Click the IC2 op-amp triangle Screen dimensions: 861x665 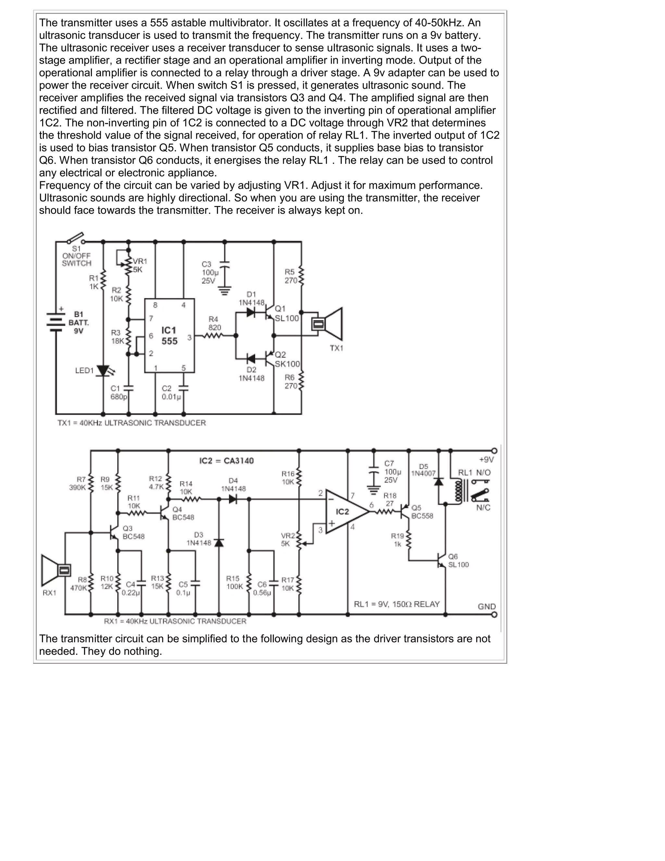346,512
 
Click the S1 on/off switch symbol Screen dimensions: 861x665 76,238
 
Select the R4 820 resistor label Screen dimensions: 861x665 214,323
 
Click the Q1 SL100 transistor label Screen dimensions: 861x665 286,314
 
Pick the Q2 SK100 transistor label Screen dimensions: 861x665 287,359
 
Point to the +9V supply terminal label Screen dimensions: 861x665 486,460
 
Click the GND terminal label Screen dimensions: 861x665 486,606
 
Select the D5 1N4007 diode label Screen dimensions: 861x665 423,470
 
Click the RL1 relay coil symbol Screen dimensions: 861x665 458,491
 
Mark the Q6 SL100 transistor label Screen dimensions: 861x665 458,560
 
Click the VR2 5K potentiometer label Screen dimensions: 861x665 288,539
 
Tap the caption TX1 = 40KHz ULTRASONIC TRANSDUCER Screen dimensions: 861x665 132,423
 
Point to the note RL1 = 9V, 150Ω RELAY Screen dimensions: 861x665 397,604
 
